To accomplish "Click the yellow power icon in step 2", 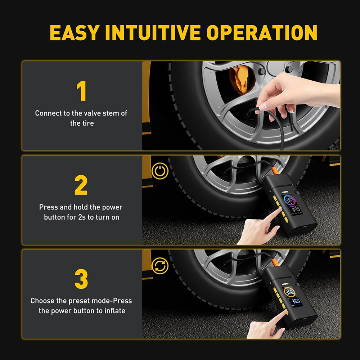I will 160,171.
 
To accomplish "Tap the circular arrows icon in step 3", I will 160,265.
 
